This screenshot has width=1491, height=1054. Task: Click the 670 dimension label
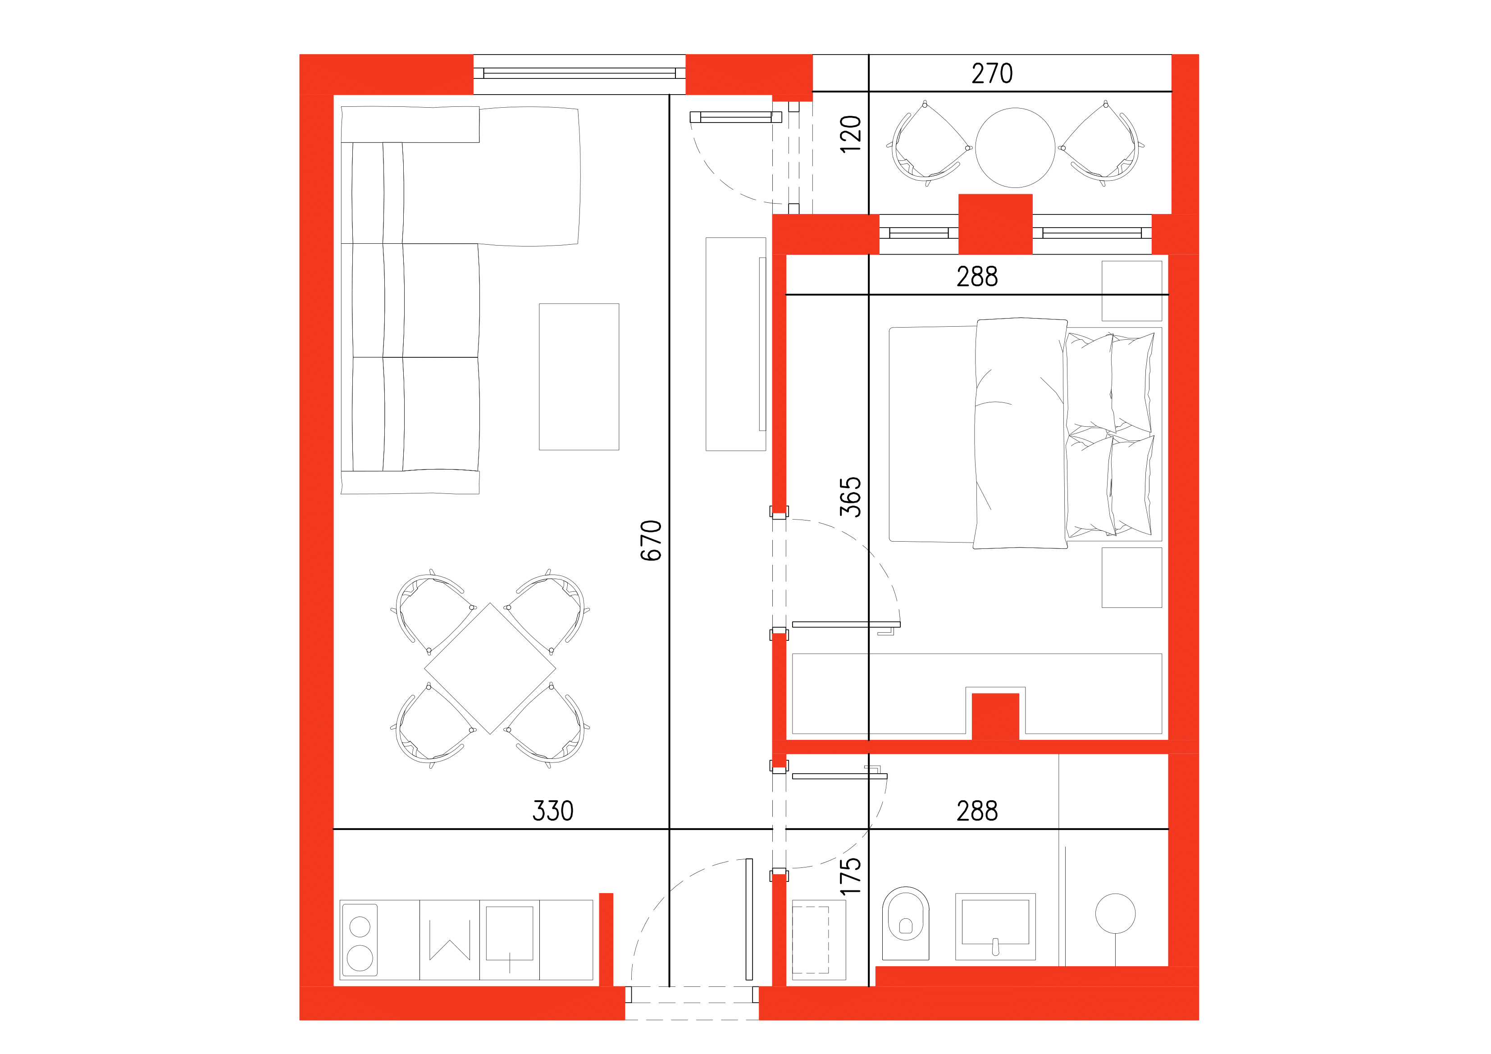click(x=651, y=540)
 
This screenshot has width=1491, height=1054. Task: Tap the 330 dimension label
click(x=552, y=811)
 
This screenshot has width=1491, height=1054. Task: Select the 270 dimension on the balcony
click(x=992, y=73)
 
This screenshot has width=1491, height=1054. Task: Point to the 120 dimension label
click(x=850, y=134)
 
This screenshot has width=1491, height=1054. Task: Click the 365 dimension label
click(x=850, y=497)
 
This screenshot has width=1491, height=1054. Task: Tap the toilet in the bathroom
click(x=905, y=922)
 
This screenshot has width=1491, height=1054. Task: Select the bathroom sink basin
click(x=995, y=925)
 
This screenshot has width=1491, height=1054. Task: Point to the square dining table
click(x=490, y=668)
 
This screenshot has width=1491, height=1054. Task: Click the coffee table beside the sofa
click(x=579, y=377)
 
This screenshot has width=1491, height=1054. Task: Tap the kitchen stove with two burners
click(x=360, y=940)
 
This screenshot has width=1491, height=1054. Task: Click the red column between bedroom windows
click(x=995, y=224)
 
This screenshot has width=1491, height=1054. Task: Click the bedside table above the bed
click(x=1131, y=291)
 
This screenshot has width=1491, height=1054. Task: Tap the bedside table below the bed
click(x=1131, y=577)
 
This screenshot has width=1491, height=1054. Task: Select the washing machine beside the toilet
click(x=818, y=940)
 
